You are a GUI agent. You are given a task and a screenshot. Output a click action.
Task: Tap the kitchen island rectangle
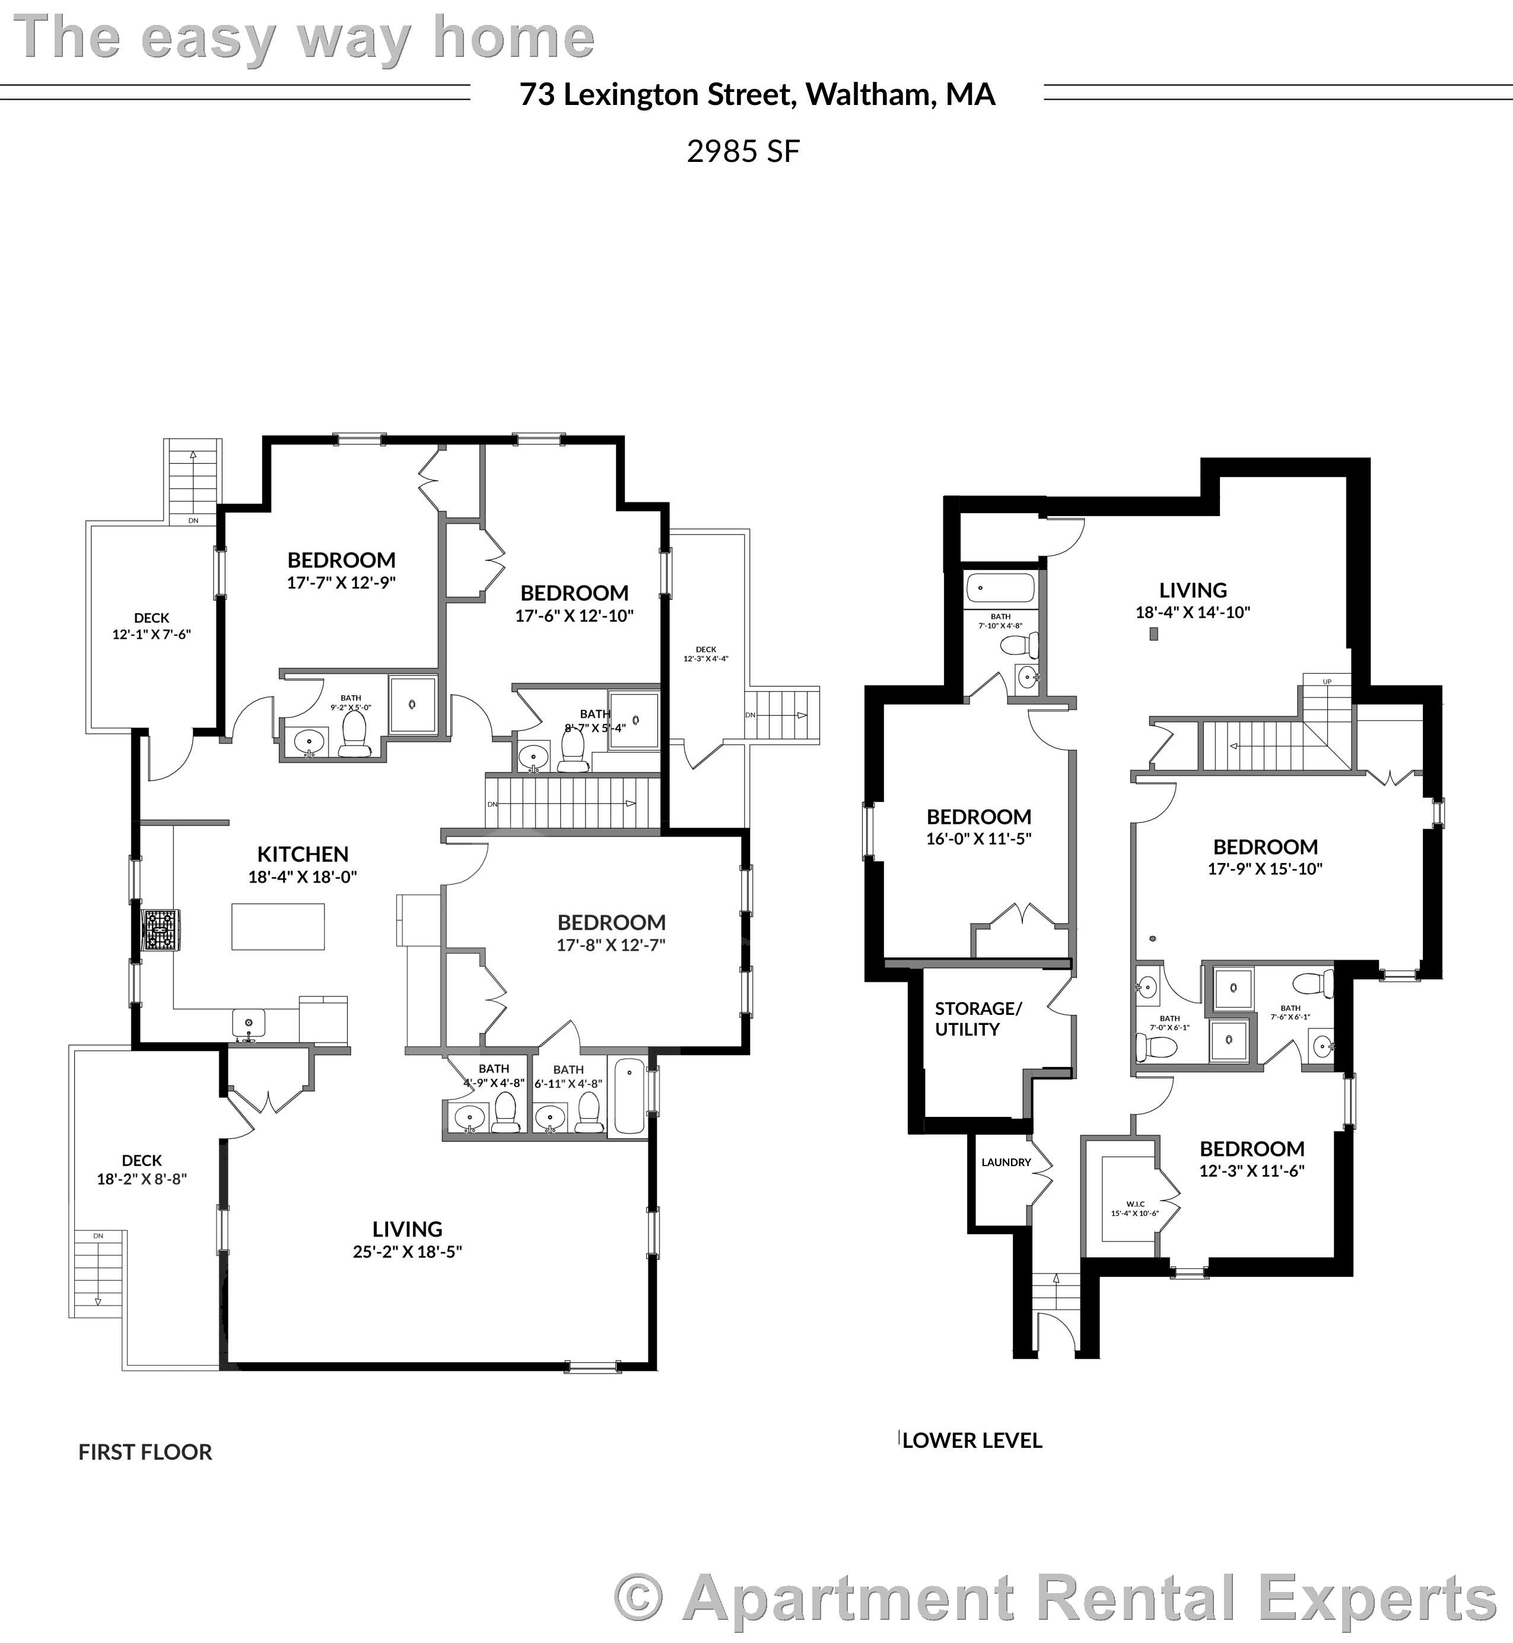tap(278, 926)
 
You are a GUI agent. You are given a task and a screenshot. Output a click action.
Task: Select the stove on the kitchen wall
tap(160, 930)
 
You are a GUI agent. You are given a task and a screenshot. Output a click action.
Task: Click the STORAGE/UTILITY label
tap(978, 1018)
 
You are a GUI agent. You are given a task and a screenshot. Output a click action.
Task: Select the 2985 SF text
tap(743, 151)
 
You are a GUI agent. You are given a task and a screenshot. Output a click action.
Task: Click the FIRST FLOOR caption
tap(145, 1452)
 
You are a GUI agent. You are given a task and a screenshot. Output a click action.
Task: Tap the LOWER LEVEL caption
tap(972, 1441)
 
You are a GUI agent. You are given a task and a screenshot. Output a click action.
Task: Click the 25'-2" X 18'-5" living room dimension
tap(407, 1252)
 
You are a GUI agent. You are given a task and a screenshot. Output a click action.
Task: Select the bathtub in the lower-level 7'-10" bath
tap(1000, 588)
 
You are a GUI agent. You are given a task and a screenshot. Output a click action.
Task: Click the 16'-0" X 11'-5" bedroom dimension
tap(978, 838)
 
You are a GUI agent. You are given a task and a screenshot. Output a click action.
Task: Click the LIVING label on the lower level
tap(1192, 590)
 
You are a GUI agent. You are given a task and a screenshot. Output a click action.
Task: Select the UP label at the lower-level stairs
tap(1327, 681)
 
